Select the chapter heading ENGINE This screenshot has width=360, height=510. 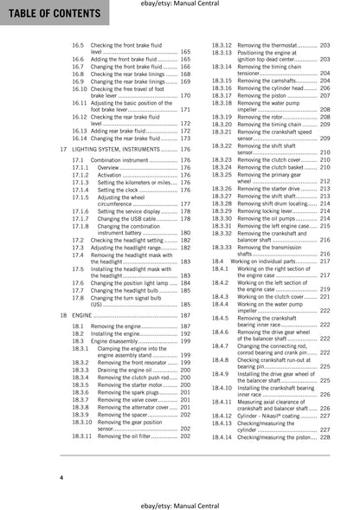pyautogui.click(x=89, y=316)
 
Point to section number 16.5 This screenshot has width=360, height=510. pyautogui.click(x=78, y=43)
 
